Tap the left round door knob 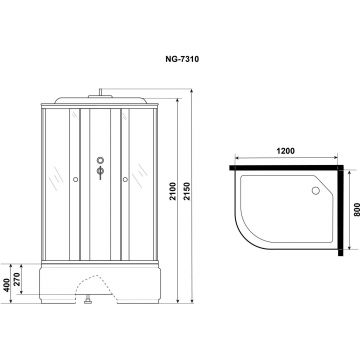coord(75,180)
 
